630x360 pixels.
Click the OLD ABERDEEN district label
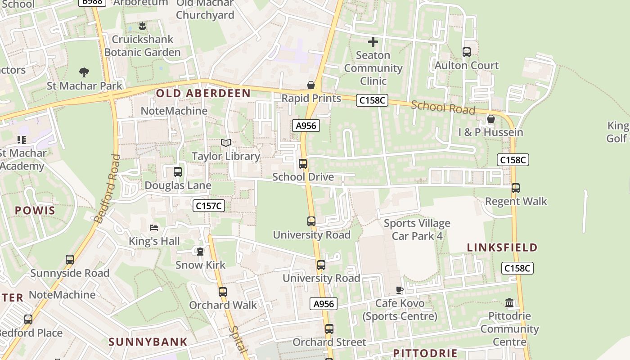point(203,93)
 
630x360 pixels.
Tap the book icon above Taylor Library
point(226,143)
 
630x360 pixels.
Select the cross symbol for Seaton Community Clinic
point(373,42)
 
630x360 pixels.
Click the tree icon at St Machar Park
point(84,72)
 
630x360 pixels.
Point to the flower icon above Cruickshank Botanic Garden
point(142,26)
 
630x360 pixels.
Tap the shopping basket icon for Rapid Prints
point(310,85)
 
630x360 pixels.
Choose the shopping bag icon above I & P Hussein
point(491,119)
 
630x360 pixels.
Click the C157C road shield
point(209,206)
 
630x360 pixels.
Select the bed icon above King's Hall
point(154,228)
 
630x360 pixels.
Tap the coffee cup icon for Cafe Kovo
point(400,290)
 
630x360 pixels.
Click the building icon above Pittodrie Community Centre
point(509,303)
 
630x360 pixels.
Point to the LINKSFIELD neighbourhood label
point(502,247)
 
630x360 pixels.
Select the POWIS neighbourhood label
point(35,211)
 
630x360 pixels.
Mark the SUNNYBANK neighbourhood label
point(148,342)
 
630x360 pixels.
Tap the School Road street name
point(443,108)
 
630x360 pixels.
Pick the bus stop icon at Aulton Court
point(467,52)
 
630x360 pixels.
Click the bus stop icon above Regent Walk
point(516,188)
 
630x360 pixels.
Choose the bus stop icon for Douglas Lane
point(178,172)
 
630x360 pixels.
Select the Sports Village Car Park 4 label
point(417,229)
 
